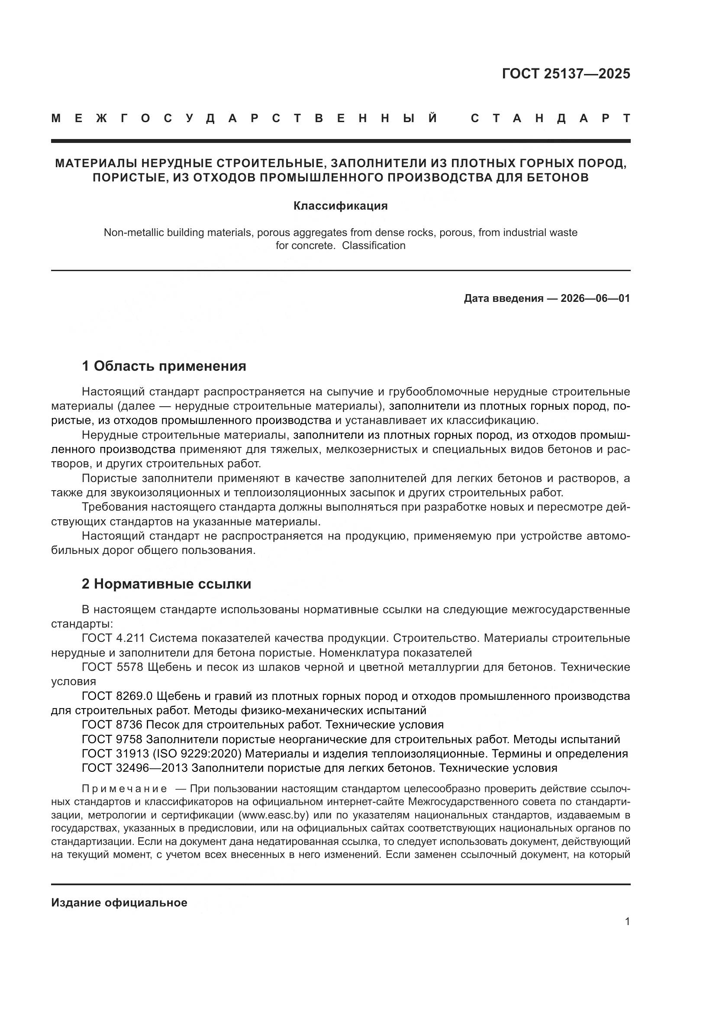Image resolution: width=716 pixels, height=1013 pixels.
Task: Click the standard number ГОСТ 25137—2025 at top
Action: [x=566, y=74]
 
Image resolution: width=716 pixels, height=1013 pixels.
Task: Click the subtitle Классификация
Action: [x=340, y=206]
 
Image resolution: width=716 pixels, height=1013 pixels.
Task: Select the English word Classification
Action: [x=374, y=246]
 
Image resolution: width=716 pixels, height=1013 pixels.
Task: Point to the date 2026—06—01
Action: [x=595, y=299]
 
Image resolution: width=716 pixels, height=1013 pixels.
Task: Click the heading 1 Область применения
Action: [x=164, y=366]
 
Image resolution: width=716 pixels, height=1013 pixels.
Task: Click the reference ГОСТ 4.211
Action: [x=114, y=638]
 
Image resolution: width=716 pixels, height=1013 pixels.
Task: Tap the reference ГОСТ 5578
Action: [x=113, y=667]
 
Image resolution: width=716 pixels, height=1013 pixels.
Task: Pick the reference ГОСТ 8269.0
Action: [x=117, y=696]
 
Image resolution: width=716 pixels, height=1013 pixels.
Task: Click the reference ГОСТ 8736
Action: [x=113, y=725]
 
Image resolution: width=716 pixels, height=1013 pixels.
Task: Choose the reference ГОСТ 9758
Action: [x=113, y=739]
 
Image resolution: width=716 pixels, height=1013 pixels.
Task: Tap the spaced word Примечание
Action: [x=124, y=789]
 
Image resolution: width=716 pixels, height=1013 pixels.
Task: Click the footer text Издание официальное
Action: [x=119, y=903]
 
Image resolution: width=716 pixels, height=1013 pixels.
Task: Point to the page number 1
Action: [x=627, y=921]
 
